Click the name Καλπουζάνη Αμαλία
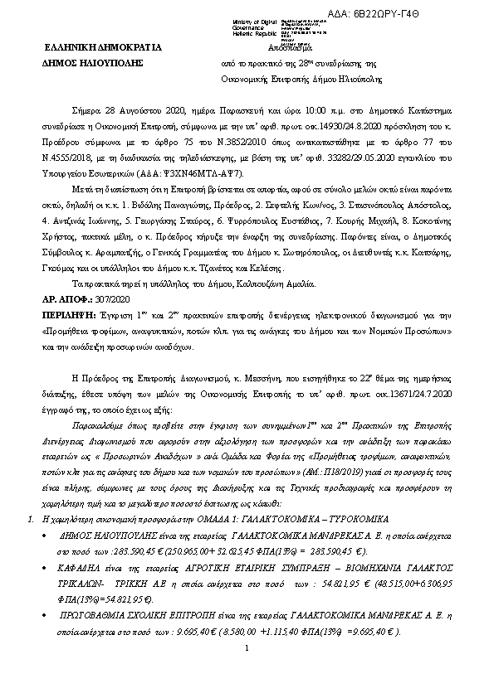246,284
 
